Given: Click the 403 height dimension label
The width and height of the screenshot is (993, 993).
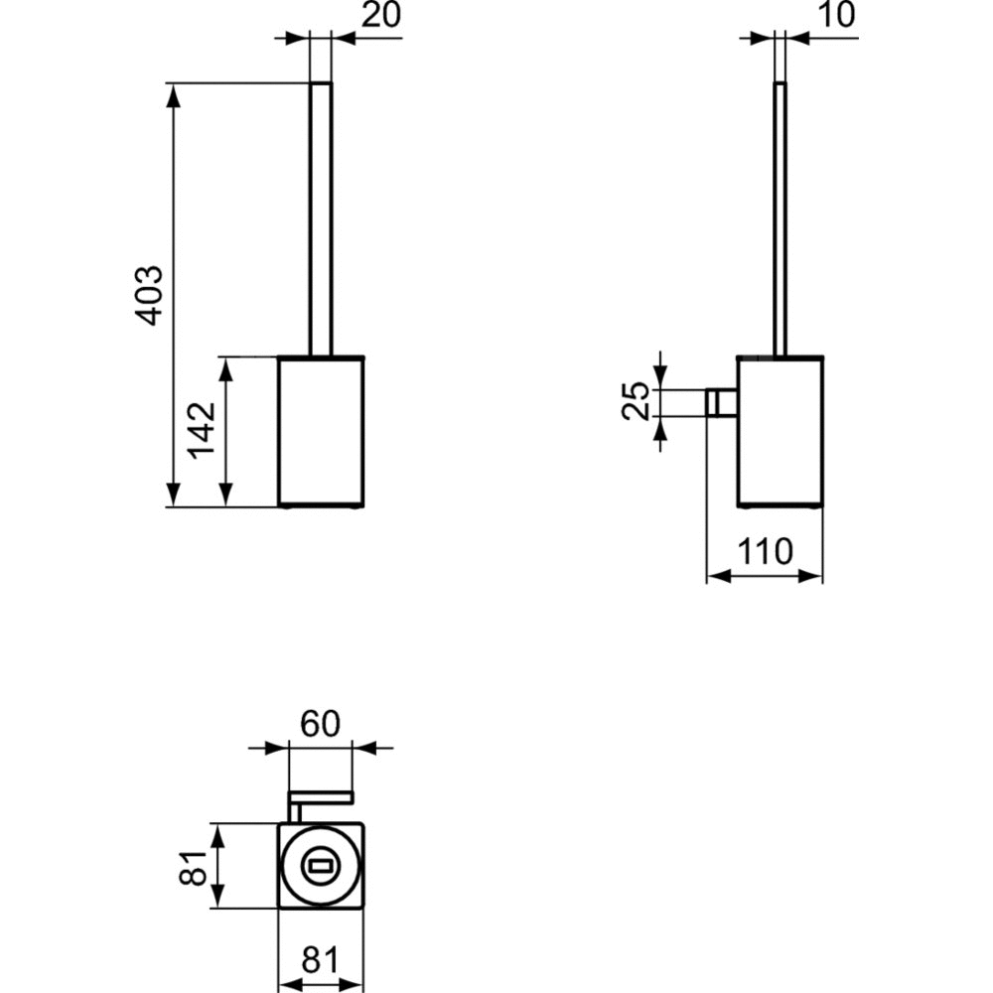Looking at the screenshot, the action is point(152,295).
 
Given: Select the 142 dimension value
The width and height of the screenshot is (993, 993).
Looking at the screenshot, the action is point(203,431).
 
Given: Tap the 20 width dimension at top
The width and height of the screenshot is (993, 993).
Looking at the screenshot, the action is point(381,15).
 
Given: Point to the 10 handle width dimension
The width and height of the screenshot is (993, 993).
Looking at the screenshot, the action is point(837,15).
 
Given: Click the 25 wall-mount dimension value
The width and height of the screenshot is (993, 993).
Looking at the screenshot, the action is point(637,400).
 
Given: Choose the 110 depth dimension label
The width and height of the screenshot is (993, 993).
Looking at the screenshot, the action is point(765,551).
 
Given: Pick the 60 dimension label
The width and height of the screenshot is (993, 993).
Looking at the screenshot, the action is point(320,724).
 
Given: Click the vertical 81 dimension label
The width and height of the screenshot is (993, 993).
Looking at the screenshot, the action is point(194,867).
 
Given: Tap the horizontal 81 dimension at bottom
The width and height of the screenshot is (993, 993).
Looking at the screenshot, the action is point(320,960).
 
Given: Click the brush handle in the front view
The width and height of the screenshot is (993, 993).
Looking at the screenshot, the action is point(321,219).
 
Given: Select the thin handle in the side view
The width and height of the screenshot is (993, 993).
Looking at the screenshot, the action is point(780,219).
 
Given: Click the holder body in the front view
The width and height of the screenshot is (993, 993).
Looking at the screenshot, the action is point(321,432).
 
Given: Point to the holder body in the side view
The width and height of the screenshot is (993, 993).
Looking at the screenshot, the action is point(780,432).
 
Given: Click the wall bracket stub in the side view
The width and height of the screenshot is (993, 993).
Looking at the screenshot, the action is point(721,403).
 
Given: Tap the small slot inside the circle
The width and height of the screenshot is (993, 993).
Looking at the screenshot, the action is point(321,865).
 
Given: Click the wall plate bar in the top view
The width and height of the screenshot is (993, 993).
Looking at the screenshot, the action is point(321,797).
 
